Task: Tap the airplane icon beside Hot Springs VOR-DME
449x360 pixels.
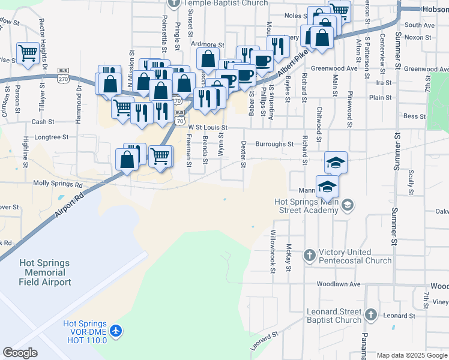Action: (116, 331)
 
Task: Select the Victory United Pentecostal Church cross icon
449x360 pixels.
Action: (309, 256)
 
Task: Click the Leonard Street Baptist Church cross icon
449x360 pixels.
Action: (371, 314)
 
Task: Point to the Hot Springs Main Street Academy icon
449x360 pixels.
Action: (347, 206)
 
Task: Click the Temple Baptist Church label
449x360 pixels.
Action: (226, 3)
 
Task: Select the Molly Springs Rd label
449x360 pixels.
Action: (58, 183)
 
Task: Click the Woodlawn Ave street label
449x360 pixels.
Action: (339, 284)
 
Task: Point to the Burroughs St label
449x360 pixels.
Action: (274, 144)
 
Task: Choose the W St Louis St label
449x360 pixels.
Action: (208, 127)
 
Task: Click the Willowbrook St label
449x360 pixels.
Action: (273, 251)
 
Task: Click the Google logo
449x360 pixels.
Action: (20, 352)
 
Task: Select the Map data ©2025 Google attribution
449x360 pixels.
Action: (411, 355)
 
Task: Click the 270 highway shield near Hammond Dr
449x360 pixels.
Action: (63, 71)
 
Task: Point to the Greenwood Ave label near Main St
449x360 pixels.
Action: (343, 68)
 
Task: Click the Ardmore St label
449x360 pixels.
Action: (207, 45)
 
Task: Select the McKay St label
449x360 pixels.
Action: (289, 257)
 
